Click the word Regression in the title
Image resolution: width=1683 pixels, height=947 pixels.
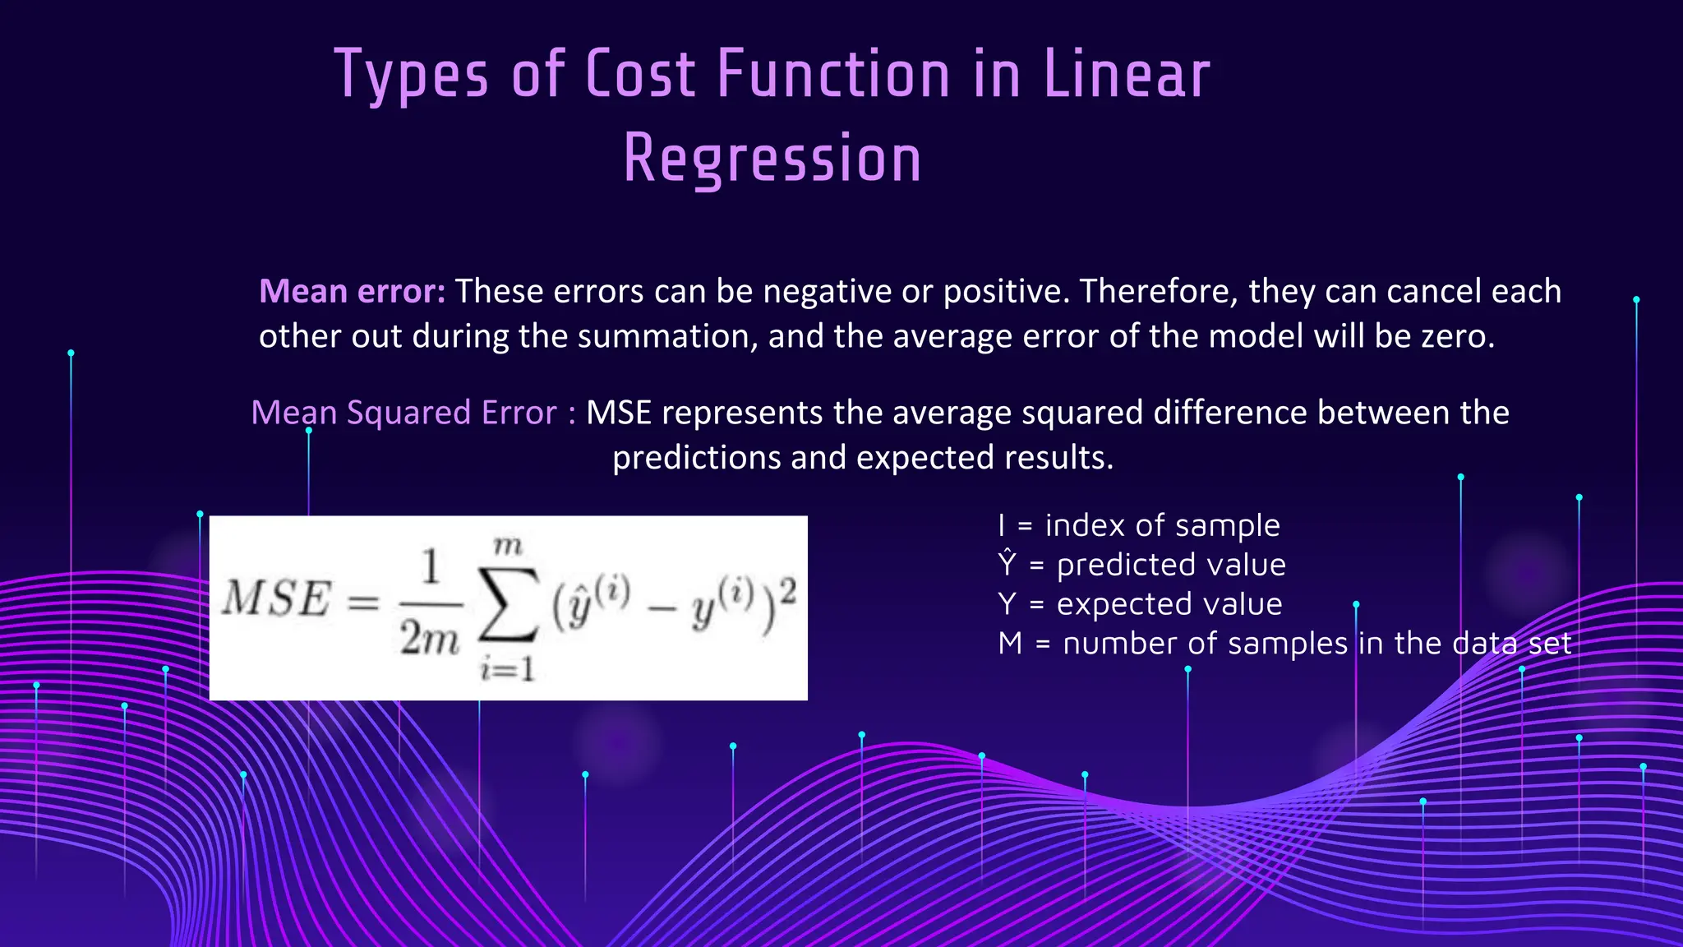pyautogui.click(x=772, y=159)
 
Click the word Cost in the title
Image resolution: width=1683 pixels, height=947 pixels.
pyautogui.click(x=641, y=74)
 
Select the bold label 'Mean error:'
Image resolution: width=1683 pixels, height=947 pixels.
pyautogui.click(x=352, y=291)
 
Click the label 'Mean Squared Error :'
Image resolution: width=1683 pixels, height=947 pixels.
pyautogui.click(x=413, y=413)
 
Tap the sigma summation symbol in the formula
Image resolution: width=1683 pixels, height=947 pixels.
pyautogui.click(x=508, y=605)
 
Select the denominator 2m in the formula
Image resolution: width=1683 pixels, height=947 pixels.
pyautogui.click(x=429, y=638)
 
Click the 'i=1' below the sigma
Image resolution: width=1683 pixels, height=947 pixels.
pyautogui.click(x=508, y=669)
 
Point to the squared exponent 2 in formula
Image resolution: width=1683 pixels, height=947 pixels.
pyautogui.click(x=787, y=589)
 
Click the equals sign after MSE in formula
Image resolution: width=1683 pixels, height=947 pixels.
pyautogui.click(x=363, y=602)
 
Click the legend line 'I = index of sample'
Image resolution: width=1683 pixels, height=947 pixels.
pyautogui.click(x=1138, y=525)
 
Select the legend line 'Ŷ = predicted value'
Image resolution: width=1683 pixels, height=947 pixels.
pyautogui.click(x=1141, y=565)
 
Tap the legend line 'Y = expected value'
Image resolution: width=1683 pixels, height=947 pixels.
pyautogui.click(x=1139, y=604)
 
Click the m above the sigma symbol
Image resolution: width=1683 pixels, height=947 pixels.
pyautogui.click(x=508, y=546)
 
